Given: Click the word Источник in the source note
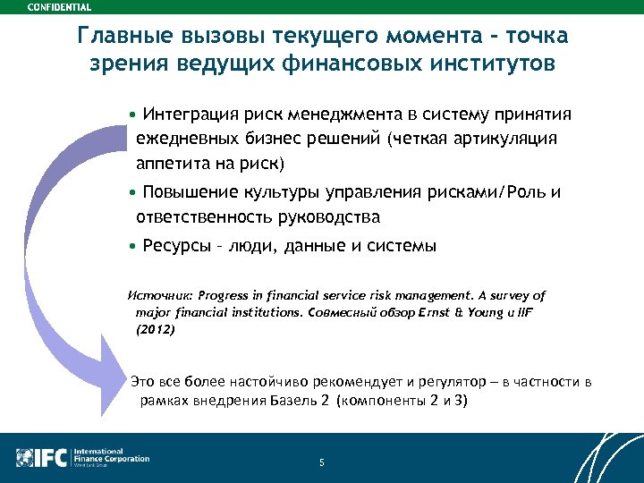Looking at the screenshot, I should [160, 295].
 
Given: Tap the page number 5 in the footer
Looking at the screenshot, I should [321, 462].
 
